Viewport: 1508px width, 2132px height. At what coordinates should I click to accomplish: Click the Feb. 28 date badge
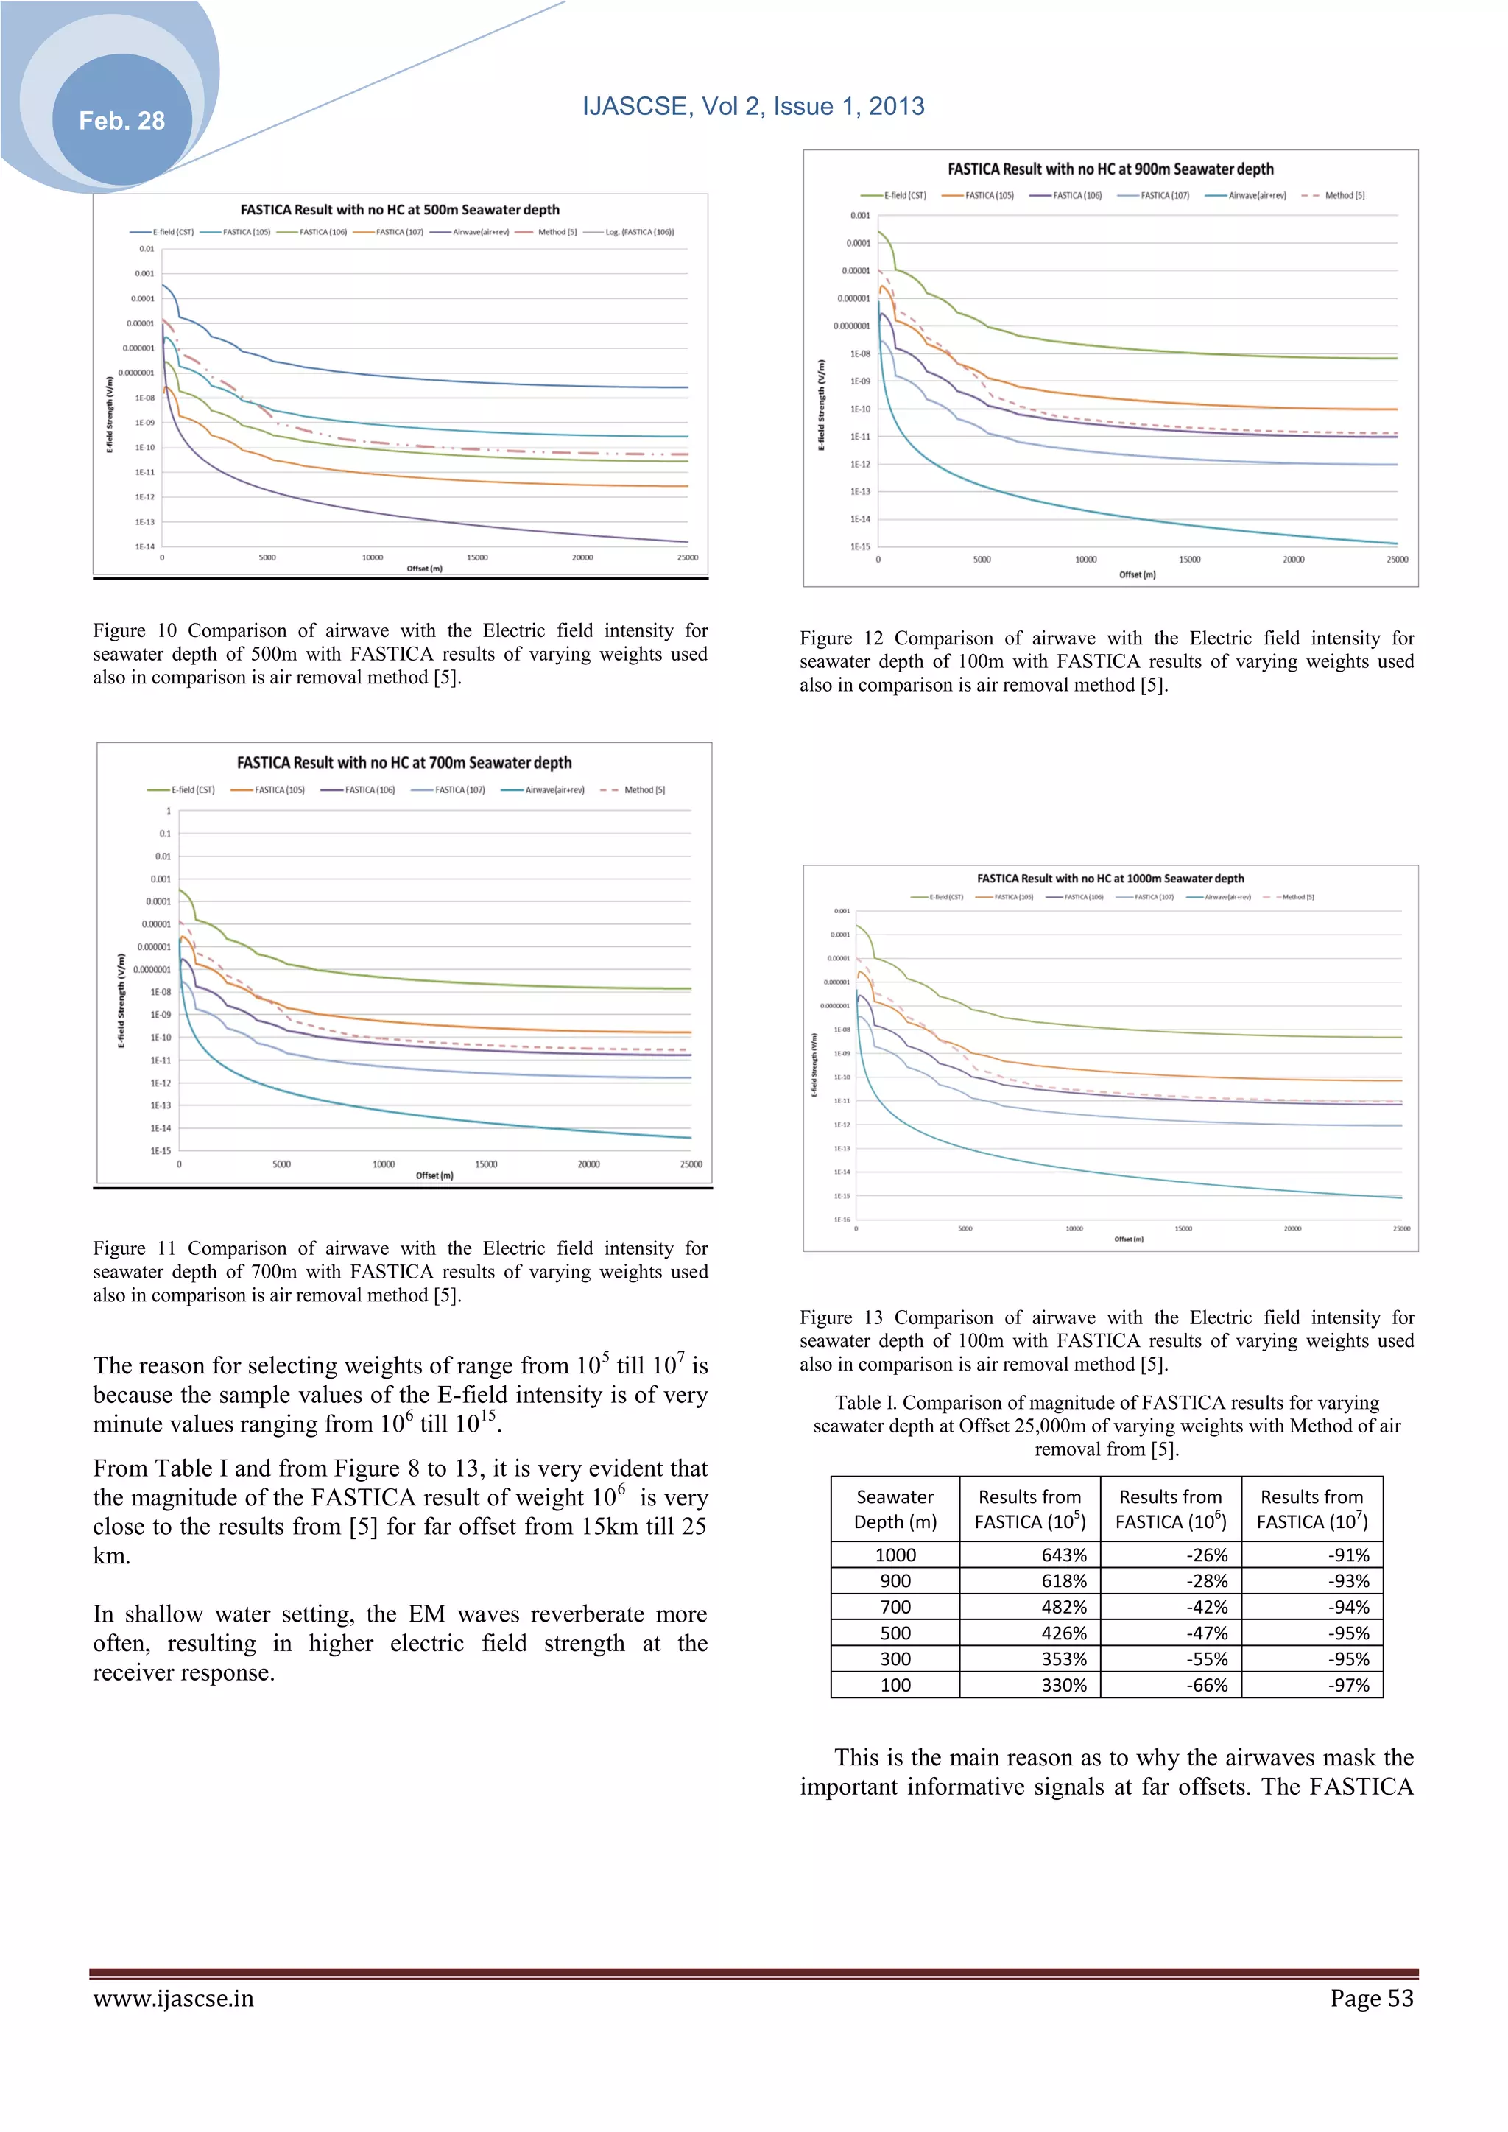coord(121,121)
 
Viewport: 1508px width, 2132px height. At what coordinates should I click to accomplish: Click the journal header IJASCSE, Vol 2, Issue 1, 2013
coord(753,106)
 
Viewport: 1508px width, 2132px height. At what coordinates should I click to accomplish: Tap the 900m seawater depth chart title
coord(1110,169)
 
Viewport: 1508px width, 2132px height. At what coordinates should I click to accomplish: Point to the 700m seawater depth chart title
coord(404,762)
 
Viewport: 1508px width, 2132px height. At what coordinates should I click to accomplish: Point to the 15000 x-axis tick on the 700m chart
coord(486,1164)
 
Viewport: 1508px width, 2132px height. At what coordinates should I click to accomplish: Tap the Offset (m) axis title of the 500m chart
coord(424,569)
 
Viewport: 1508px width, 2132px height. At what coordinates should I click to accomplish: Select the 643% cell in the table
coord(1063,1555)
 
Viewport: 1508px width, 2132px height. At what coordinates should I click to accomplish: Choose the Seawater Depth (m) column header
coord(895,1509)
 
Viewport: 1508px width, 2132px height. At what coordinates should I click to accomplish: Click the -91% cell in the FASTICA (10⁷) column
coord(1348,1555)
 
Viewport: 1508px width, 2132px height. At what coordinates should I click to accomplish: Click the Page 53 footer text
coord(1370,1998)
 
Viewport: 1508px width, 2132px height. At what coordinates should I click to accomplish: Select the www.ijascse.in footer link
coord(173,1998)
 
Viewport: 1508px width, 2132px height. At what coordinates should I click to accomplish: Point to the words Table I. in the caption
coord(864,1402)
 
